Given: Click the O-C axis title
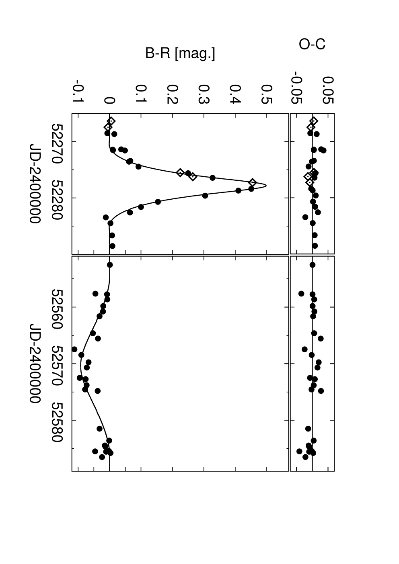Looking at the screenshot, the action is [x=312, y=44].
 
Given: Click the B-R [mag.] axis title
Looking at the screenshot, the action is [x=180, y=54].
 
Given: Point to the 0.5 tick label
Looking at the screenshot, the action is [x=267, y=94].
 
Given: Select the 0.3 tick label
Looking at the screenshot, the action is [x=204, y=94].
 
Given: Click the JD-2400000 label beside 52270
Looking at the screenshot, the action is [x=35, y=184].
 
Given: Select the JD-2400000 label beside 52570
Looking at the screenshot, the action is [x=35, y=363].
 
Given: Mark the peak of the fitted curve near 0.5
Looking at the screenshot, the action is [x=266, y=186].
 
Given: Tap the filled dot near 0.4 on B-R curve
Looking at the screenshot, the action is [x=238, y=190].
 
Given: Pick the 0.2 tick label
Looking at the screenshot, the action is [x=173, y=94].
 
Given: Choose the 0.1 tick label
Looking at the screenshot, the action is [x=141, y=94].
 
